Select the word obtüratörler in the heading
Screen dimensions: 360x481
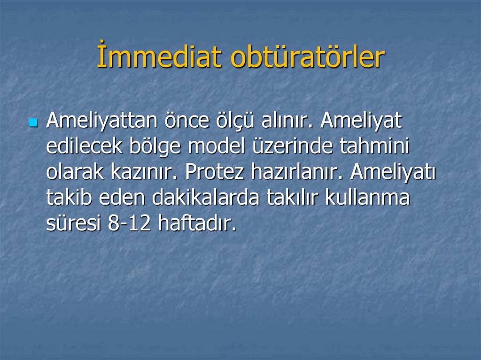tap(308, 57)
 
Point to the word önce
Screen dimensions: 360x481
tap(186, 121)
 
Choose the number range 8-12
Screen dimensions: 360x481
tap(129, 224)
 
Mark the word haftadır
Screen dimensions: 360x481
tap(197, 224)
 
